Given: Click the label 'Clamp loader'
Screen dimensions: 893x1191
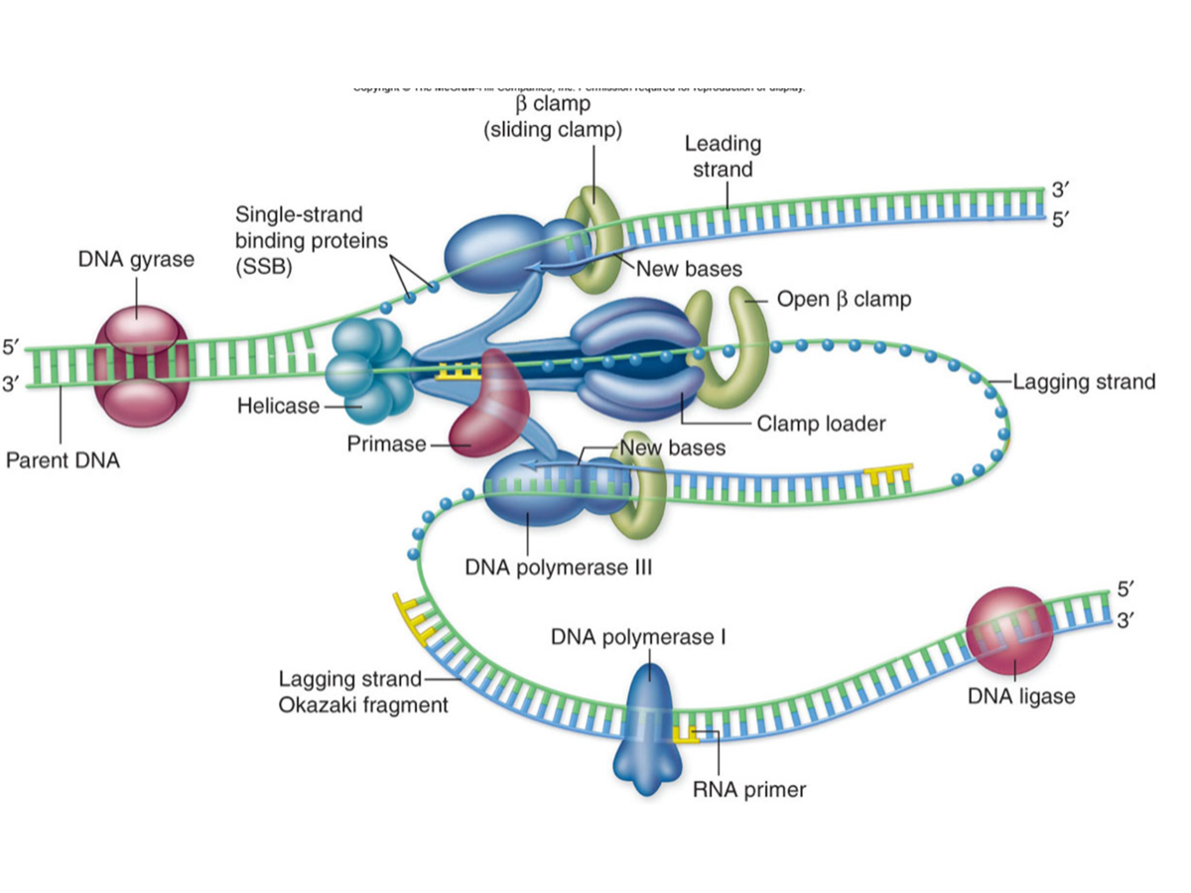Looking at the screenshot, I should point(820,424).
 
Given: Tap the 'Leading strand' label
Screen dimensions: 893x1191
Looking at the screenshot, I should point(723,157).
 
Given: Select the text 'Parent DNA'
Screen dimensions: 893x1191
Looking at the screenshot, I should point(63,460).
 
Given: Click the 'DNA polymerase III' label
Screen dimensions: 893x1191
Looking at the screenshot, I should point(558,569).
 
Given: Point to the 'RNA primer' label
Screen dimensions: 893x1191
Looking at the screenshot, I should point(748,790).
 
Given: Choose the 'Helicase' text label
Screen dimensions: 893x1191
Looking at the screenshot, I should point(278,405).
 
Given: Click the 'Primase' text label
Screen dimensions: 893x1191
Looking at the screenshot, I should point(386,444).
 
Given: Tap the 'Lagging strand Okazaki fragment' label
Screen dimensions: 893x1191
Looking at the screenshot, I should point(363,692).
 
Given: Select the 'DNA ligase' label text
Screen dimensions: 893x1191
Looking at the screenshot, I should point(1021,697).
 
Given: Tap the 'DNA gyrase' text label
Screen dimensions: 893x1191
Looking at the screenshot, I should point(136,260).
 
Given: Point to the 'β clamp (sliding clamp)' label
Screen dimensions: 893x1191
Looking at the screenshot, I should point(552,116).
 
